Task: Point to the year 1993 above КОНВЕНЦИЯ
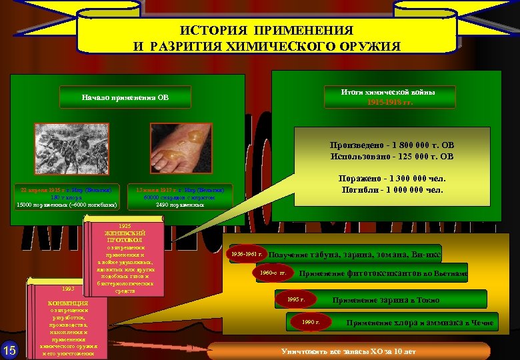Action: click(68, 289)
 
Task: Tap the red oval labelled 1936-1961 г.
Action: click(247, 255)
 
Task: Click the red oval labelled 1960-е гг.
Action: click(273, 273)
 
